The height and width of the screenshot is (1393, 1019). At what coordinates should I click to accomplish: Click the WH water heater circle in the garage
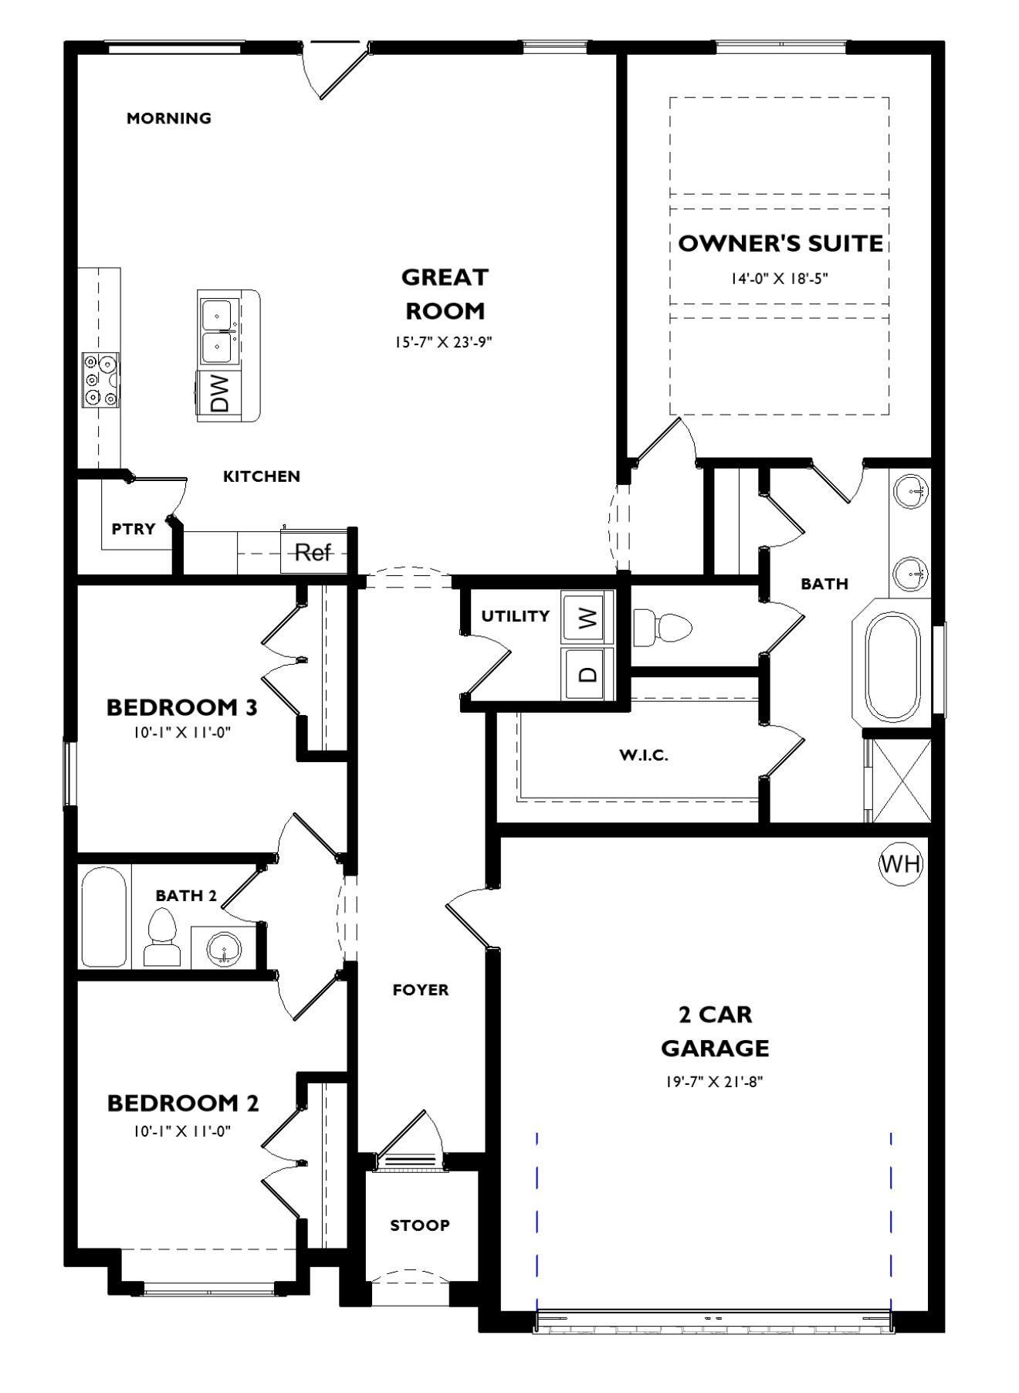pyautogui.click(x=901, y=863)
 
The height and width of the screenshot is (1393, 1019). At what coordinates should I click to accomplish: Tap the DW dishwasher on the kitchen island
pyautogui.click(x=219, y=393)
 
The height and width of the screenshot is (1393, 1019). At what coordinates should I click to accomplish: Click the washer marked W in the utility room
pyautogui.click(x=588, y=617)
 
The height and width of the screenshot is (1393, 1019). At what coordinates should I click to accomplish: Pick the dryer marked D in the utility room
pyautogui.click(x=588, y=673)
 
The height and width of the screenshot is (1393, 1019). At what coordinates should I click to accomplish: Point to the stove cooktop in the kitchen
pyautogui.click(x=100, y=379)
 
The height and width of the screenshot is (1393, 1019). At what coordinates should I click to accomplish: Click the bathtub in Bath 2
pyautogui.click(x=103, y=917)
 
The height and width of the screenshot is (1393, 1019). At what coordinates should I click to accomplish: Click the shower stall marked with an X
pyautogui.click(x=901, y=780)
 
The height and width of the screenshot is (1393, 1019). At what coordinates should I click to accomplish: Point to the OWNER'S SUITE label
pyautogui.click(x=780, y=243)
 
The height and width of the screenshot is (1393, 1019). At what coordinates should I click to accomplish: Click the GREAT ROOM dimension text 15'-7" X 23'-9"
pyautogui.click(x=444, y=342)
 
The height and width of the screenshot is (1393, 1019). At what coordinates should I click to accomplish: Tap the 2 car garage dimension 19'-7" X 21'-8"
pyautogui.click(x=715, y=1082)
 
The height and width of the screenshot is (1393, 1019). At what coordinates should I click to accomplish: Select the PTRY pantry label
pyautogui.click(x=134, y=529)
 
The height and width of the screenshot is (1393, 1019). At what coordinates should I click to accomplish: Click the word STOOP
pyautogui.click(x=420, y=1225)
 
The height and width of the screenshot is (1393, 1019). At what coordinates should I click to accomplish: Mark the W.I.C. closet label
pyautogui.click(x=643, y=755)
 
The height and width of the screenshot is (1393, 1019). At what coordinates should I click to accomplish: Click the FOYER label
pyautogui.click(x=421, y=990)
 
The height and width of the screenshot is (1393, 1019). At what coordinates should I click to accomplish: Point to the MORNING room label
pyautogui.click(x=169, y=118)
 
